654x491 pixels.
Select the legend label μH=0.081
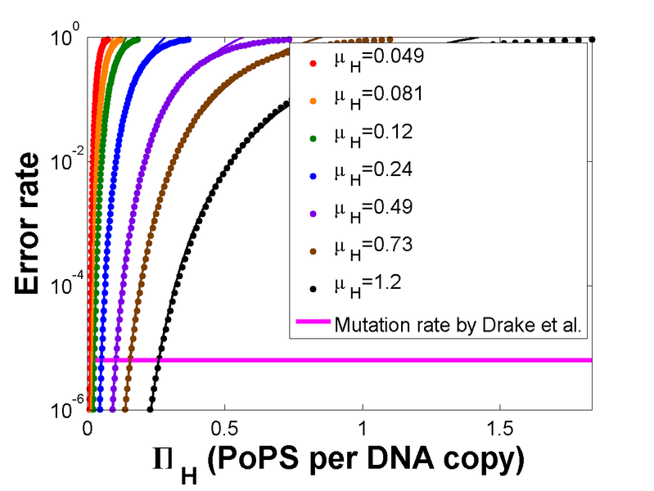coord(378,96)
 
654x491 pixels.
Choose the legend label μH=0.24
coord(373,170)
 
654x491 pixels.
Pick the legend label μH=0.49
coord(373,208)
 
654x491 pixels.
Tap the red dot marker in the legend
coord(313,61)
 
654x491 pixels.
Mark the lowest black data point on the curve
coord(150,409)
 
